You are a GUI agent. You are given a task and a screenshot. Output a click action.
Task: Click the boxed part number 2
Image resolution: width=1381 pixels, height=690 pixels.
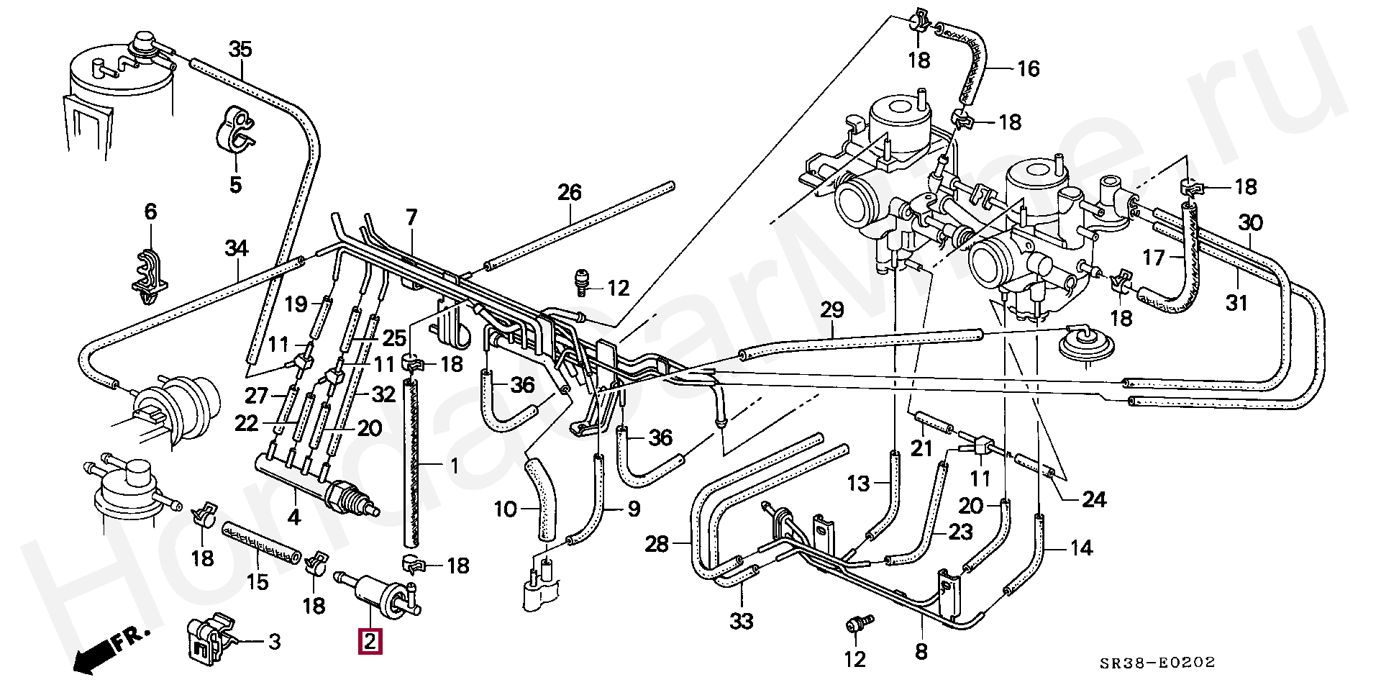tap(370, 641)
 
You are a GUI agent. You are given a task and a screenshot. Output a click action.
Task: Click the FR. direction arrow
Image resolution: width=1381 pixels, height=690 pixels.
tap(112, 650)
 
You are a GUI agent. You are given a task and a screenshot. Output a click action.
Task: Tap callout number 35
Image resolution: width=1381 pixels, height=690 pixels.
tap(241, 50)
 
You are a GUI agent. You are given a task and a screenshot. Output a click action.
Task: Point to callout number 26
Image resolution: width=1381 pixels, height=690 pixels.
tap(569, 192)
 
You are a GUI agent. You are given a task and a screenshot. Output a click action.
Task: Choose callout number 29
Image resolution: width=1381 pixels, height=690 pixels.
tap(832, 311)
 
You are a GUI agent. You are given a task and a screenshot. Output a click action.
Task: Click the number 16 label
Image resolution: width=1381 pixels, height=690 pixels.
tap(1029, 69)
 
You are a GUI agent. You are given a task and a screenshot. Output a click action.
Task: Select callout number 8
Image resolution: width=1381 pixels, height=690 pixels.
tap(921, 652)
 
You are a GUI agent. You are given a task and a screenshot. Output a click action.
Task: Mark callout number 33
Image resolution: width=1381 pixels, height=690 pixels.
tap(742, 619)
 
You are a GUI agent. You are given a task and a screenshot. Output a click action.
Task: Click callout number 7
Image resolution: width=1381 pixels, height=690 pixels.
tap(411, 216)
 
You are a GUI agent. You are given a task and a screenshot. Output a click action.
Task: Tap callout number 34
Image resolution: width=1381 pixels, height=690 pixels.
tap(236, 249)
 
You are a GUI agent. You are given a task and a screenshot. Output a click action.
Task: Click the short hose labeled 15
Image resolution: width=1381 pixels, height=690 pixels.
tap(260, 542)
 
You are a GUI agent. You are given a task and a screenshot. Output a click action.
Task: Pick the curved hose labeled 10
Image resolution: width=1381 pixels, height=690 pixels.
tap(540, 501)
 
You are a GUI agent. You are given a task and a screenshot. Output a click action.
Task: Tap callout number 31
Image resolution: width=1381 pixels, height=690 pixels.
tap(1236, 304)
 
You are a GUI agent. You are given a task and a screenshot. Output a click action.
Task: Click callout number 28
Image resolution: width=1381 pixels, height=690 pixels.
tap(657, 545)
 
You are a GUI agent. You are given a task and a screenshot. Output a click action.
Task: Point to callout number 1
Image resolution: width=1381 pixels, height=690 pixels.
tap(454, 467)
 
